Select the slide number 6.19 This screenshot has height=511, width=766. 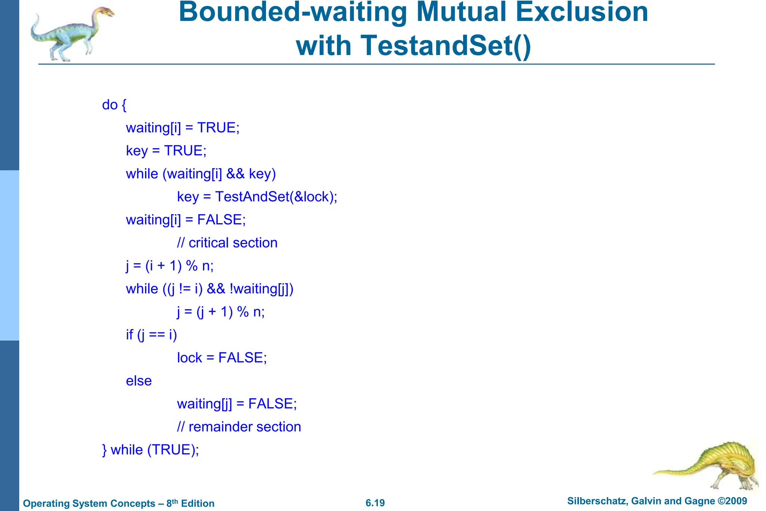pyautogui.click(x=375, y=503)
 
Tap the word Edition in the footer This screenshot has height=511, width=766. pyautogui.click(x=197, y=504)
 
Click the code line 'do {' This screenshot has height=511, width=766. pyautogui.click(x=114, y=105)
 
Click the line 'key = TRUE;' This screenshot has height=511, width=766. pyautogui.click(x=166, y=150)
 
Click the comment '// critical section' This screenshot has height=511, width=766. pyautogui.click(x=227, y=243)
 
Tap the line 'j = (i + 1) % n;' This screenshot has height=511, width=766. pyautogui.click(x=170, y=266)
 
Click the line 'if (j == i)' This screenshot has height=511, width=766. pyautogui.click(x=151, y=335)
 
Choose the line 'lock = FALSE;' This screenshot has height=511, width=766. pyautogui.click(x=222, y=358)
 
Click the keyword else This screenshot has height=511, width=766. pyautogui.click(x=139, y=381)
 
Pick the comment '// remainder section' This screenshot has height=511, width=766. pyautogui.click(x=239, y=427)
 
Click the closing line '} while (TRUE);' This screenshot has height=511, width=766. pyautogui.click(x=150, y=450)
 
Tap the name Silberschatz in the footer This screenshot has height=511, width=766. pyautogui.click(x=597, y=501)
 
